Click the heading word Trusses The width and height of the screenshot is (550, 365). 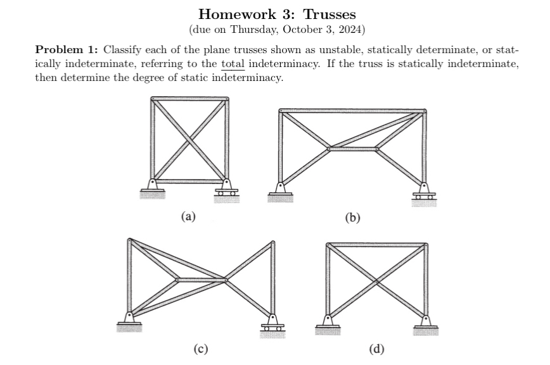(329, 14)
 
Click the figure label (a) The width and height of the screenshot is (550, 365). (189, 216)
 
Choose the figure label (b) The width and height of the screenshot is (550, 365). (352, 218)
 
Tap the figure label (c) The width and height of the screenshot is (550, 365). (200, 347)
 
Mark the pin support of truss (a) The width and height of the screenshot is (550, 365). (152, 185)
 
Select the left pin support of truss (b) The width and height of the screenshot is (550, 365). (279, 189)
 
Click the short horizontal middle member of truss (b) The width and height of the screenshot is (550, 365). (352, 149)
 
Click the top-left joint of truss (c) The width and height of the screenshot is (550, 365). (130, 240)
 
